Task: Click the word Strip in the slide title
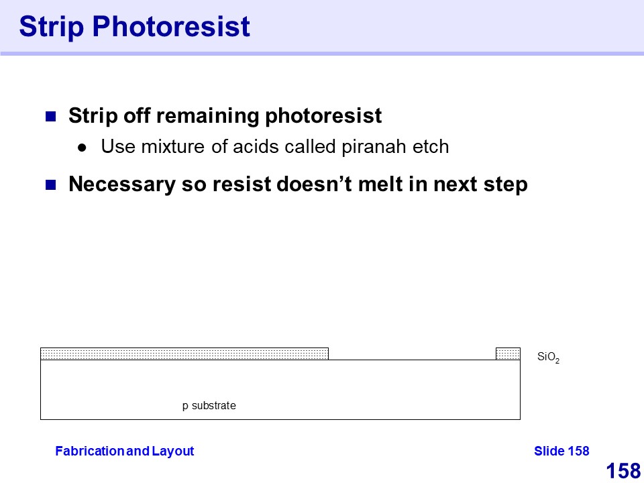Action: click(x=52, y=27)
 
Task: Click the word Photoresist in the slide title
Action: click(x=171, y=26)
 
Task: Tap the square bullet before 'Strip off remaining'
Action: click(x=50, y=116)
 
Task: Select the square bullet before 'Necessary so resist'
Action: click(x=50, y=185)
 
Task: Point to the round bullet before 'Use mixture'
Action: click(x=82, y=148)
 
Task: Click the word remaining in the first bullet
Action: click(x=208, y=116)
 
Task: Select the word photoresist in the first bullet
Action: click(x=323, y=116)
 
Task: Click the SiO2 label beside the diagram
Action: click(x=548, y=358)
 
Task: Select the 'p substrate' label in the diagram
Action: click(x=209, y=407)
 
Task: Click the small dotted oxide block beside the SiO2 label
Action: click(x=508, y=354)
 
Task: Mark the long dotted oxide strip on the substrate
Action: click(x=184, y=354)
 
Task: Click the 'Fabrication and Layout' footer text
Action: click(x=125, y=451)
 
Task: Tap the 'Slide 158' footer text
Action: click(x=561, y=451)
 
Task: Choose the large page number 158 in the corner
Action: click(x=623, y=471)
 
